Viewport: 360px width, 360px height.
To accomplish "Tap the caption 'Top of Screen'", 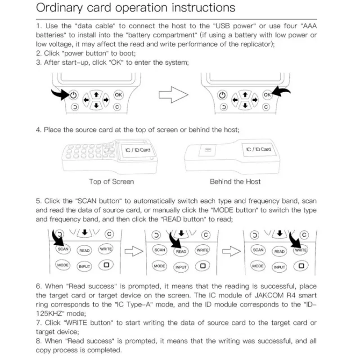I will pyautogui.click(x=111, y=181).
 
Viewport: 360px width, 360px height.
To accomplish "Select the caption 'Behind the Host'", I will pyautogui.click(x=235, y=181).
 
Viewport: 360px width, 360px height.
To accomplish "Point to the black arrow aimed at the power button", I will pyautogui.click(x=58, y=94).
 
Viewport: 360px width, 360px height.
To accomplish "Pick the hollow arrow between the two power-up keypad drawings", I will pyautogui.click(x=173, y=95).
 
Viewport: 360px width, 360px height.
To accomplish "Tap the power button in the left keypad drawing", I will pyautogui.click(x=74, y=95).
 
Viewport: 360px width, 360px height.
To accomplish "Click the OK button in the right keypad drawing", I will pyautogui.click(x=267, y=94).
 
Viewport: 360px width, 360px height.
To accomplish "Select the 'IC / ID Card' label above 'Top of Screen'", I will pyautogui.click(x=138, y=149).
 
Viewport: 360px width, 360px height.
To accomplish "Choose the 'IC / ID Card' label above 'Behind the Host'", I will pyautogui.click(x=259, y=149).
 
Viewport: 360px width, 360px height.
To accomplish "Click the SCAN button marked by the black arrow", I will pyautogui.click(x=63, y=249).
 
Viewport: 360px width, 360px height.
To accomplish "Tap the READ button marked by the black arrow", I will pyautogui.click(x=181, y=251).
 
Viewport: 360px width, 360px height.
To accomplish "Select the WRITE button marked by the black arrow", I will pyautogui.click(x=301, y=250).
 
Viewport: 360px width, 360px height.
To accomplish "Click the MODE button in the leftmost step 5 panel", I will pyautogui.click(x=63, y=265).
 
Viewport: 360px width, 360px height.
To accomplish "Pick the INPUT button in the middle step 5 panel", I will pyautogui.click(x=181, y=267).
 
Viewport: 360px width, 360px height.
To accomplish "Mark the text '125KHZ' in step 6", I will pyautogui.click(x=47, y=314).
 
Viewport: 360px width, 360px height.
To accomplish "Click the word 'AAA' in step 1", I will pyautogui.click(x=308, y=27).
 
